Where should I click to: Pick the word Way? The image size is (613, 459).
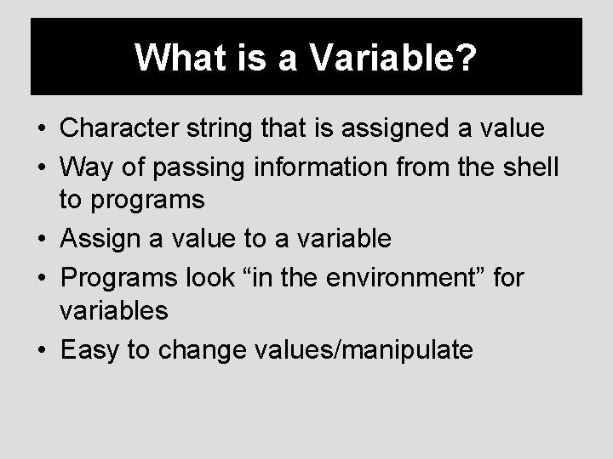(x=85, y=167)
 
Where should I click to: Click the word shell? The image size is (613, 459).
(x=527, y=167)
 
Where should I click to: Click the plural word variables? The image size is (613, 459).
(x=114, y=311)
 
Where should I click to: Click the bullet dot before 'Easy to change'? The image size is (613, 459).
(x=42, y=348)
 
